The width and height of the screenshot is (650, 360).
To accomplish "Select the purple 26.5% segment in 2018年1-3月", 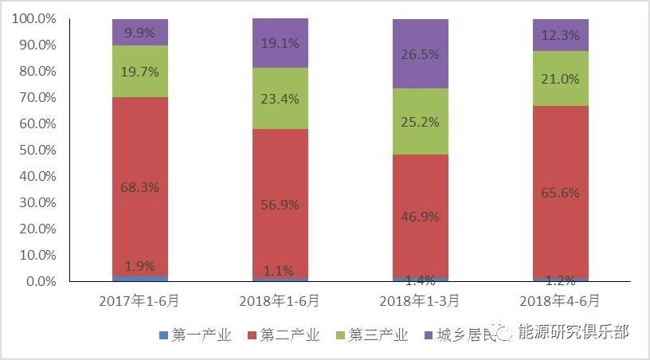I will click(x=420, y=53).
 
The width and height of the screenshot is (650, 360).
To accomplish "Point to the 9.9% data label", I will click(x=139, y=33).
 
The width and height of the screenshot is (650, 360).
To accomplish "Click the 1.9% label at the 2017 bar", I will click(x=139, y=266).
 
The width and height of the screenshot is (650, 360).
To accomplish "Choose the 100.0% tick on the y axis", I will click(x=34, y=19).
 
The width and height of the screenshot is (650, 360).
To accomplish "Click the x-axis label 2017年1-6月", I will click(x=139, y=301).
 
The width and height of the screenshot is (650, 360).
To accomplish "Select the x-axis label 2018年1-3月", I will click(x=420, y=301).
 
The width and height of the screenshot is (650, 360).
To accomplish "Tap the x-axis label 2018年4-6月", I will click(x=560, y=301).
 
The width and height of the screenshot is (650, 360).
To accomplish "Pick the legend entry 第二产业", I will click(x=289, y=335).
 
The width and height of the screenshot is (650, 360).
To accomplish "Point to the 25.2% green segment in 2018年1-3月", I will click(x=420, y=121).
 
